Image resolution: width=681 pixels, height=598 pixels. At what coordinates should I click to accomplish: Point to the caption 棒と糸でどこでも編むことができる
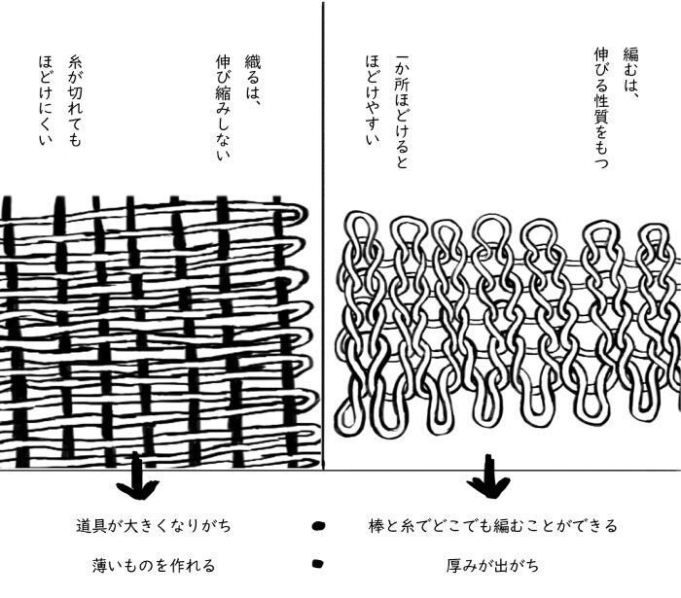(493, 526)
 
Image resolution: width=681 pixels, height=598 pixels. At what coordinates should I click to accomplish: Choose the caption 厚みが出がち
(492, 564)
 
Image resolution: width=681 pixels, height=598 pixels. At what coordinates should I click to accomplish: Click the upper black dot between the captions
(317, 527)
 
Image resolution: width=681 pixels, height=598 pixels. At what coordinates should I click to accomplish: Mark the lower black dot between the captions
(316, 563)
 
